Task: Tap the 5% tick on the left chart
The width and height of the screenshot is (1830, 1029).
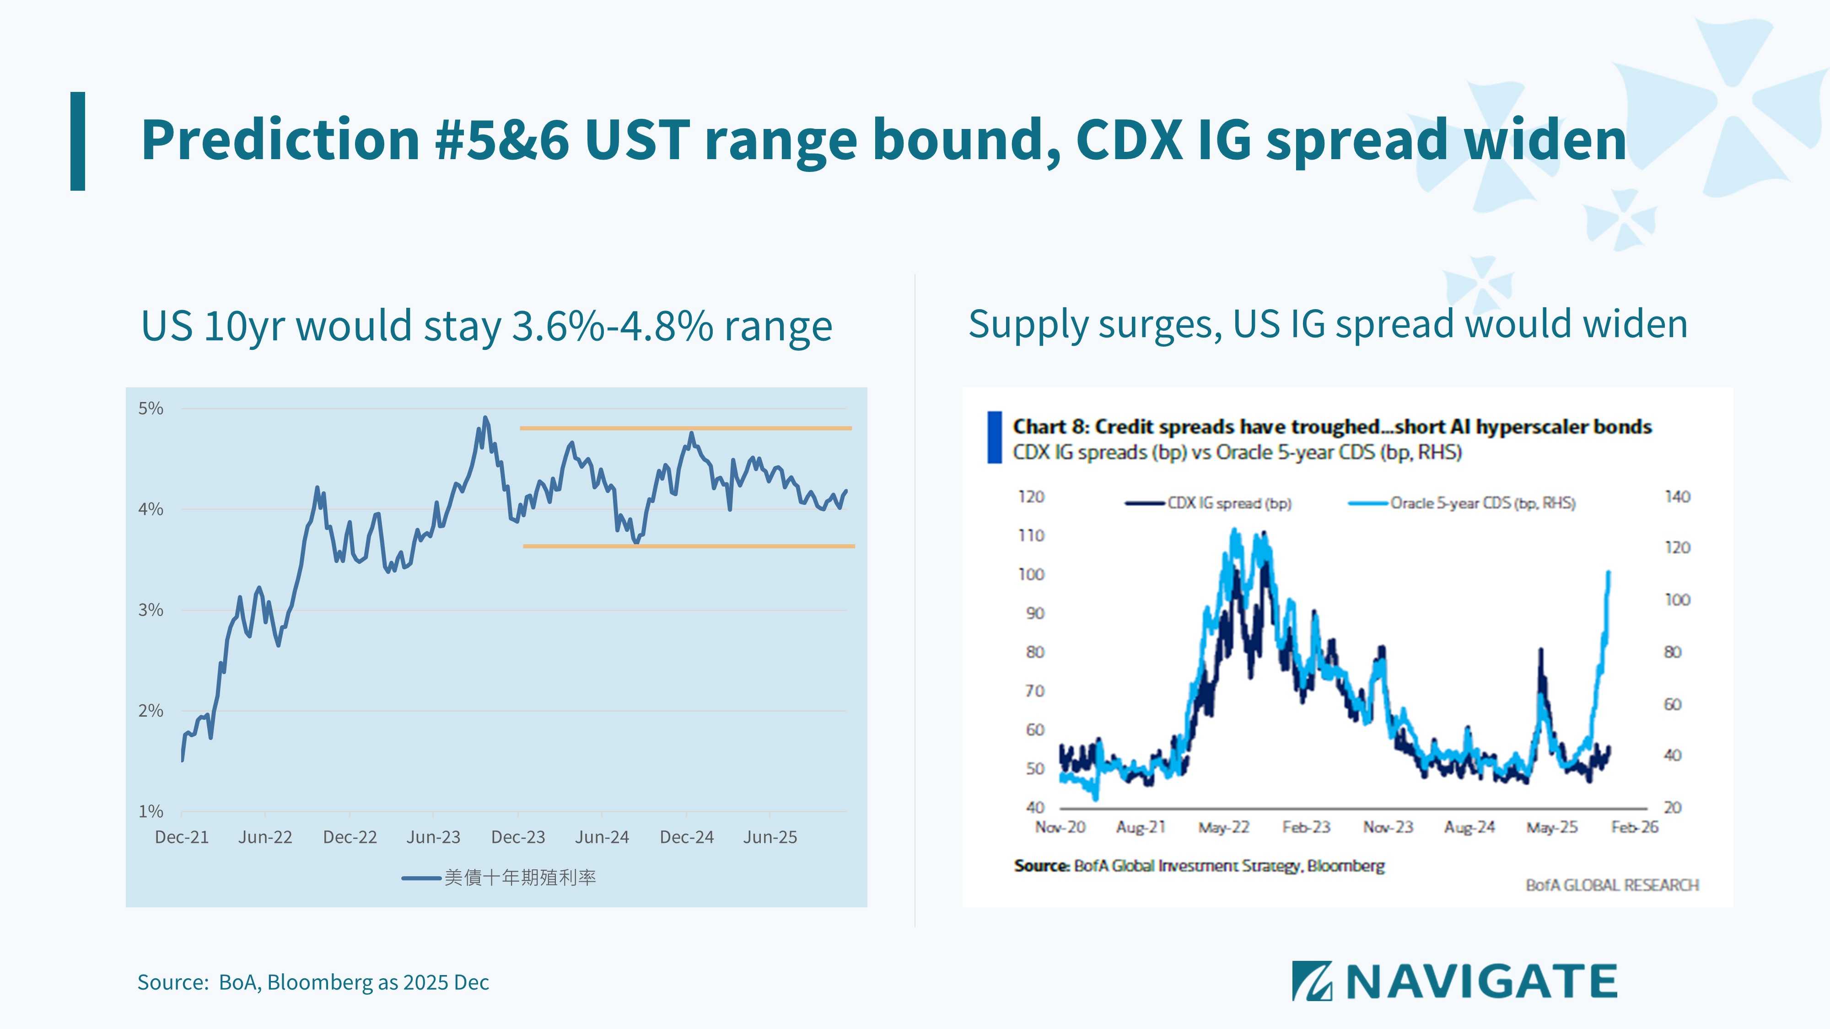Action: [151, 408]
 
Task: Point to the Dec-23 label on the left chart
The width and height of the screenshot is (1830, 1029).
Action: [518, 837]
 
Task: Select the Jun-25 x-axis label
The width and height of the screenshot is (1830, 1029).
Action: [770, 837]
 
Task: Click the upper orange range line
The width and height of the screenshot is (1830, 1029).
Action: [685, 428]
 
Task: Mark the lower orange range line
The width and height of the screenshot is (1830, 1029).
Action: [689, 546]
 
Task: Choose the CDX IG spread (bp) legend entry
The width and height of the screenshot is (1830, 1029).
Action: [1229, 504]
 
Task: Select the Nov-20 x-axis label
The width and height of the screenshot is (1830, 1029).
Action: [1060, 827]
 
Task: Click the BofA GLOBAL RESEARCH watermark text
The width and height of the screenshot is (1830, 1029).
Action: [1612, 885]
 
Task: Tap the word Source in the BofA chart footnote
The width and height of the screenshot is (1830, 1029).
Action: [1041, 866]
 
